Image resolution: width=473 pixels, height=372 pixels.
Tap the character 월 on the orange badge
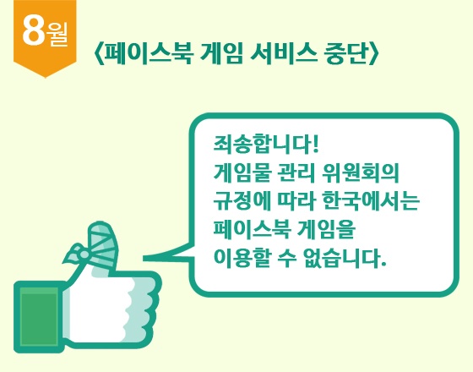57,35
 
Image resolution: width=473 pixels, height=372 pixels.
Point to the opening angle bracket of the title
98,54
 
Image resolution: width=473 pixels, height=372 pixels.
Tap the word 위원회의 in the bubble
361,172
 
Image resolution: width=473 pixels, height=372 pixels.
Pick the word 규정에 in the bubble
242,201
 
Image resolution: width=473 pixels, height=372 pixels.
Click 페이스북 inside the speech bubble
253,229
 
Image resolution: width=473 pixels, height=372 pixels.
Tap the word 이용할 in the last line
242,258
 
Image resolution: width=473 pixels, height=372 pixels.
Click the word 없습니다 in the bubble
345,258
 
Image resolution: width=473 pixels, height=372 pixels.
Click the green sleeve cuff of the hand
39,317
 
